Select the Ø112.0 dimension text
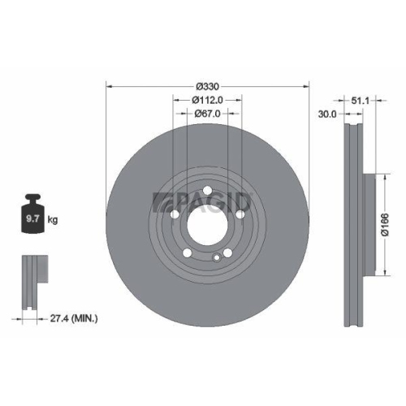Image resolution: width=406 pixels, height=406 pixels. (x=208, y=99)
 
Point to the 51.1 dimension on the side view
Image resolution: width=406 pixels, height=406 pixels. (x=361, y=101)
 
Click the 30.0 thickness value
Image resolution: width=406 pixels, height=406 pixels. (x=327, y=114)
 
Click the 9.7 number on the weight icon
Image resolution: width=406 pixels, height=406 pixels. (x=34, y=219)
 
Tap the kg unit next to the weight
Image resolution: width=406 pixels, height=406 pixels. (x=53, y=219)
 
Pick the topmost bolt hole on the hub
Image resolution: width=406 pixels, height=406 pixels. (x=207, y=192)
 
